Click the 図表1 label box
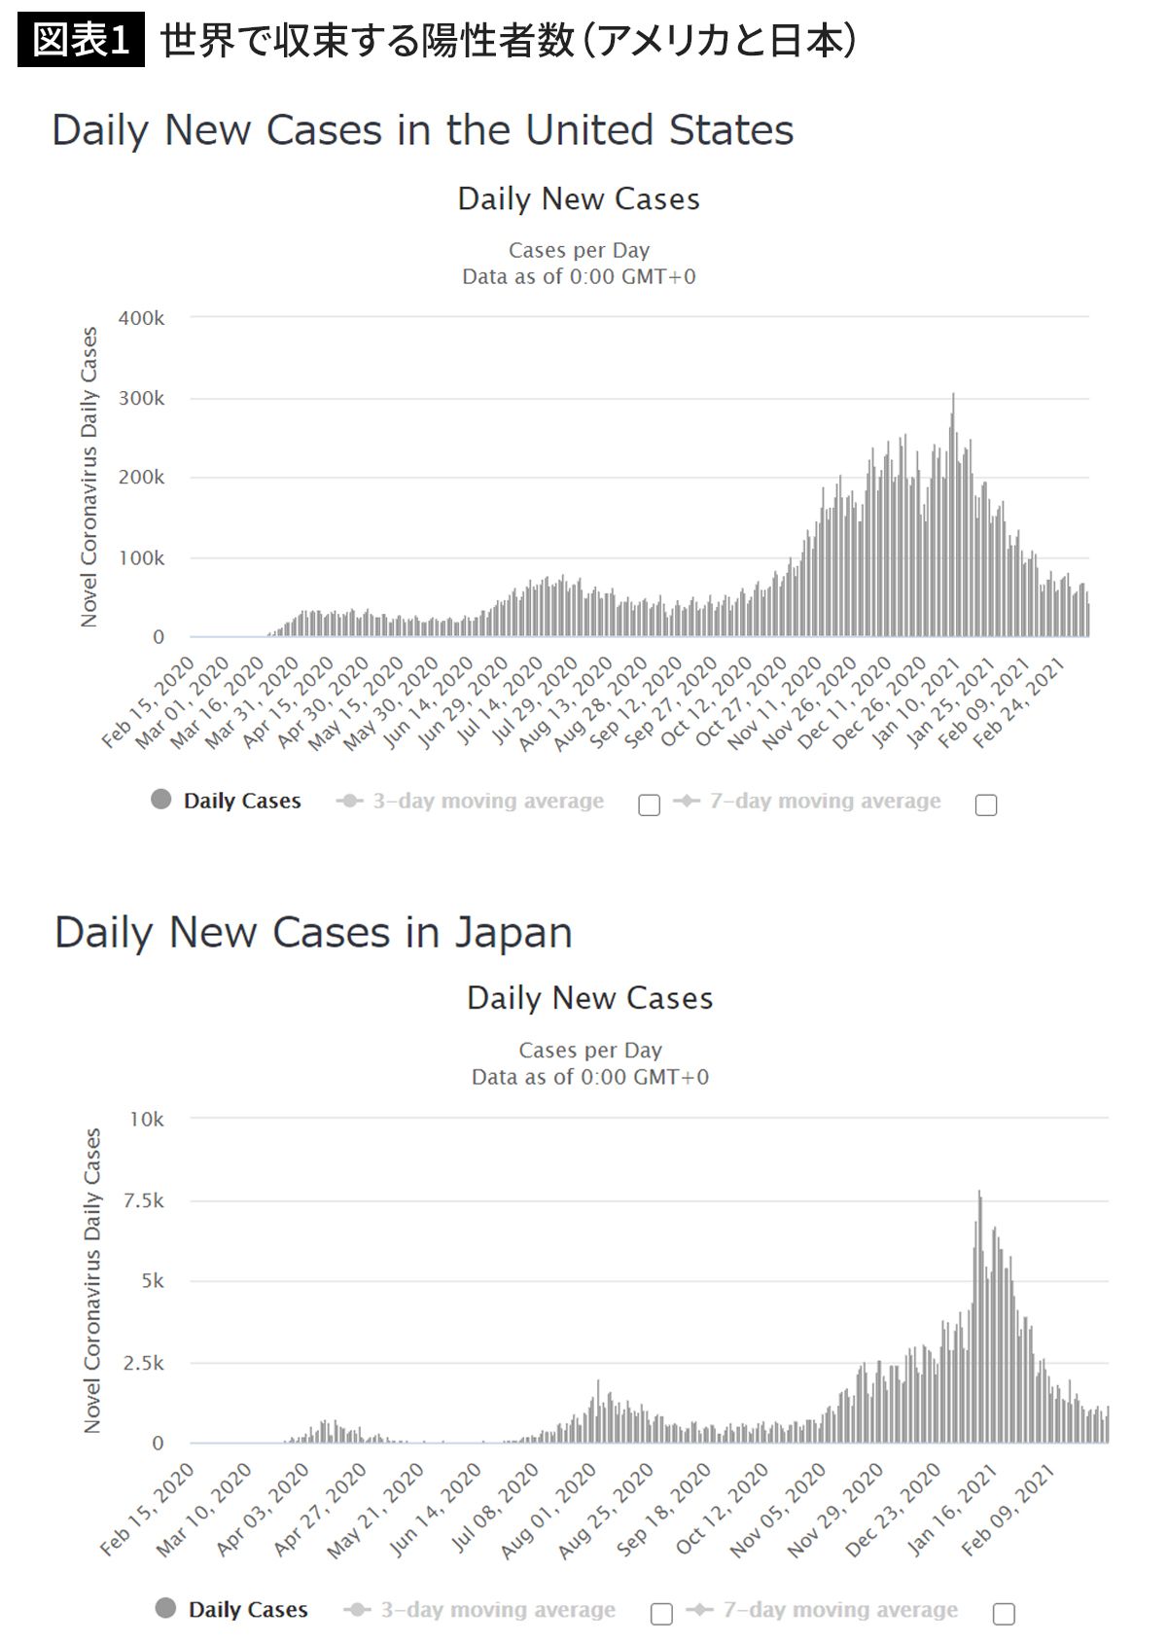pyautogui.click(x=81, y=40)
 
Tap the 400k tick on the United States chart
pyautogui.click(x=141, y=318)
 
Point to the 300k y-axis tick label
pyautogui.click(x=141, y=398)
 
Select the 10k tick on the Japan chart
pyautogui.click(x=147, y=1119)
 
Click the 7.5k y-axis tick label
pyautogui.click(x=144, y=1200)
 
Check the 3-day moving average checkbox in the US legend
pyautogui.click(x=649, y=804)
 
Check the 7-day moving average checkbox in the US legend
pyautogui.click(x=986, y=804)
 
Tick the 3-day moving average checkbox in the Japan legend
pyautogui.click(x=661, y=1614)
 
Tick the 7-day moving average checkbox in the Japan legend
pyautogui.click(x=1004, y=1614)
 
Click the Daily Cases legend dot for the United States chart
pyautogui.click(x=161, y=800)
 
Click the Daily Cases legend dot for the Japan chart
pyautogui.click(x=166, y=1608)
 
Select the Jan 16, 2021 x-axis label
pyautogui.click(x=951, y=1511)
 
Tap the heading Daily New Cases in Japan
pyautogui.click(x=313, y=932)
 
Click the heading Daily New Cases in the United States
pyautogui.click(x=422, y=130)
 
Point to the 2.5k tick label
pyautogui.click(x=144, y=1363)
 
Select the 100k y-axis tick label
pyautogui.click(x=141, y=557)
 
